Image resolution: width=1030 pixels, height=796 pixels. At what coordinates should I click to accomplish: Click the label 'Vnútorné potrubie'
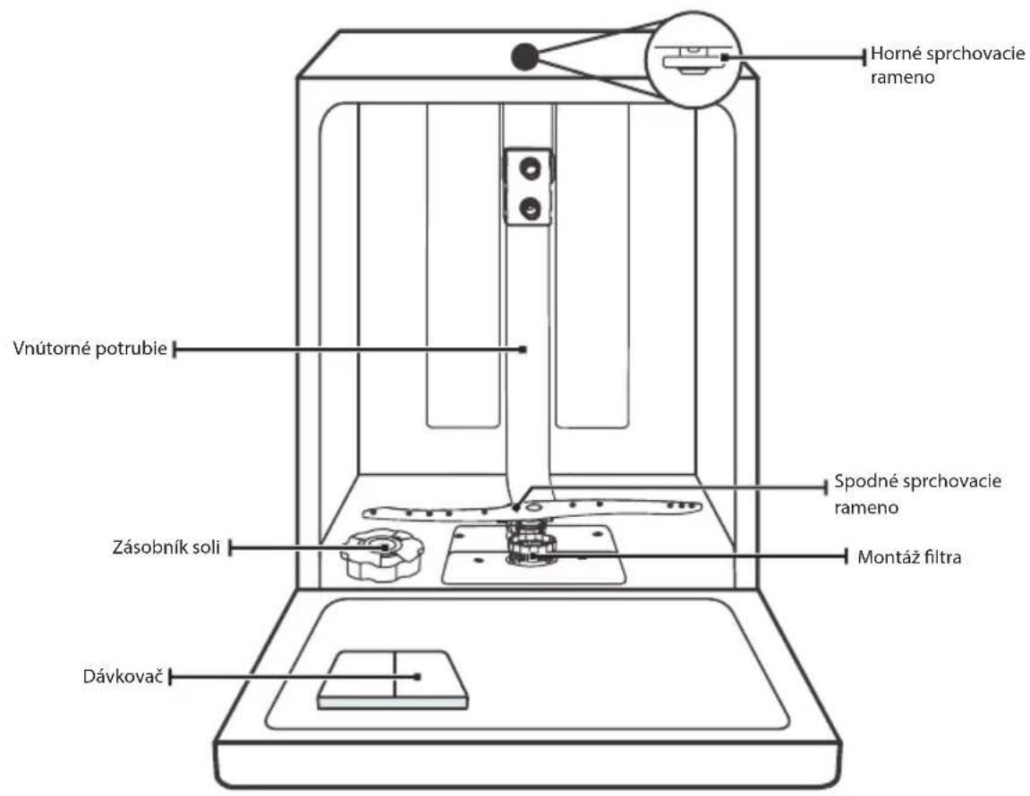click(90, 348)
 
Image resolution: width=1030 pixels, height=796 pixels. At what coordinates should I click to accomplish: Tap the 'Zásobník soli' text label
click(166, 547)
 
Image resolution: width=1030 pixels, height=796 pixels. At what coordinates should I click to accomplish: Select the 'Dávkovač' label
click(123, 676)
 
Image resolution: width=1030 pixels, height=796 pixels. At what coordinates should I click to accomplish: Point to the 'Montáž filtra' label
click(909, 557)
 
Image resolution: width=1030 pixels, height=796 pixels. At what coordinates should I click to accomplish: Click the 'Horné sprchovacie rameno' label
click(948, 65)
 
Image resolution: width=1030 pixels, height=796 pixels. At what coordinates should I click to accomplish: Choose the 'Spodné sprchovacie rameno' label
click(917, 494)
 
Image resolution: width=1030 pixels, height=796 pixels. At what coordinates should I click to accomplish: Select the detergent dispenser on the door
click(393, 680)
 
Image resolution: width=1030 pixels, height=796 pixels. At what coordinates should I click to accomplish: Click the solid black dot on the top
click(525, 56)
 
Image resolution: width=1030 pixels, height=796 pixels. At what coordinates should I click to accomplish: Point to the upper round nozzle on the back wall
click(528, 168)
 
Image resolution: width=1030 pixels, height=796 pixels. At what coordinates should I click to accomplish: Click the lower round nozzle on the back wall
click(528, 209)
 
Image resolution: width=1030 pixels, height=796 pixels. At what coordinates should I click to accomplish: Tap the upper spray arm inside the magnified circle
click(694, 62)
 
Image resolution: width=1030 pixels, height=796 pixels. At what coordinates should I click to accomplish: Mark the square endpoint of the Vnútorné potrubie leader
click(523, 350)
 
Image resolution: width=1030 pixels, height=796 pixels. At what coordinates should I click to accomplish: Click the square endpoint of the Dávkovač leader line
click(417, 676)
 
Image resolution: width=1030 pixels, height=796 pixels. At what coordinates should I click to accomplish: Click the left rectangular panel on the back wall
click(464, 266)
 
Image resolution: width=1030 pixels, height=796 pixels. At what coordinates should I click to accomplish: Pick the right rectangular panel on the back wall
click(592, 266)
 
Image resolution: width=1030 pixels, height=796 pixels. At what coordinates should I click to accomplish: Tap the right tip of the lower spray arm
click(701, 506)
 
